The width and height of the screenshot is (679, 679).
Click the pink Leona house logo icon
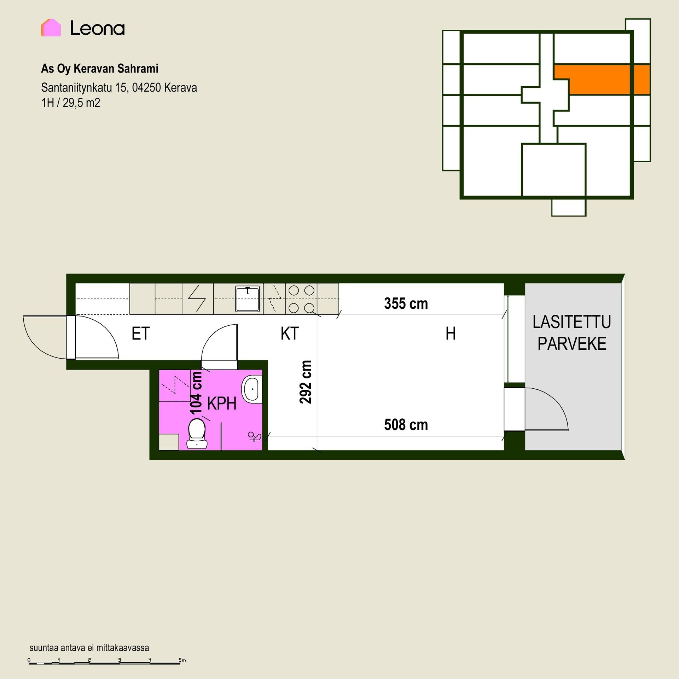pos(51,28)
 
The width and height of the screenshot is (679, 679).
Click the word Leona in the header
pos(98,28)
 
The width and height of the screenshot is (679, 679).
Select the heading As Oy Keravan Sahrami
pos(100,69)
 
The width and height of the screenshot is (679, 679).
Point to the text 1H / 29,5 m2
pos(71,103)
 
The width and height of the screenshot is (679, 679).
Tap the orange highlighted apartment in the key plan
pos(608,80)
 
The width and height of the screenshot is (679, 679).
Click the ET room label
pos(141,333)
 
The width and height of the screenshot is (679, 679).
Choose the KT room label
pos(290,333)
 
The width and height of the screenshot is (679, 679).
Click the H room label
pos(451,333)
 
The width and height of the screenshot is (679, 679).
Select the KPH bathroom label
pos(222,404)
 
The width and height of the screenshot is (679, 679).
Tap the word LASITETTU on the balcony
pos(572,322)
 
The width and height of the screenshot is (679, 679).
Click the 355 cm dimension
pos(406,304)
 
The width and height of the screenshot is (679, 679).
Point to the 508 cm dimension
pos(406,425)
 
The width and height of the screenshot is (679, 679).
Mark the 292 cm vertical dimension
pos(306,382)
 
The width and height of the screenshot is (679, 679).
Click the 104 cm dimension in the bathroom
pos(196,393)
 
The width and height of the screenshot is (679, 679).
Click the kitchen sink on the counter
pos(248,299)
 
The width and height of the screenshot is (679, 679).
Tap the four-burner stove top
pos(301,299)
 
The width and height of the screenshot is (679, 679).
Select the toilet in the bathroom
pos(197,434)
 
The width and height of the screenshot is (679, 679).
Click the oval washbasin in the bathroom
pos(252,389)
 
